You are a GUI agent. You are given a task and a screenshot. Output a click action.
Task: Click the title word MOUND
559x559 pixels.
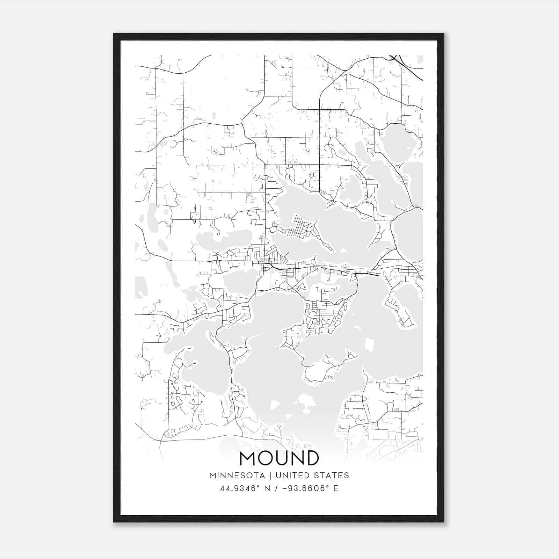click(x=279, y=458)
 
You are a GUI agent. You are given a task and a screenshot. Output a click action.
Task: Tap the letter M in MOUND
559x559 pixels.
click(x=248, y=458)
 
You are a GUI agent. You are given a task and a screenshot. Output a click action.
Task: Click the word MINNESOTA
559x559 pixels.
click(x=237, y=475)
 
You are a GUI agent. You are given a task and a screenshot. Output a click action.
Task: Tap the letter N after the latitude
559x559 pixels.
click(x=267, y=488)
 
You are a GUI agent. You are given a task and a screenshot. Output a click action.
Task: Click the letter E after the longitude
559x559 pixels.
click(x=336, y=488)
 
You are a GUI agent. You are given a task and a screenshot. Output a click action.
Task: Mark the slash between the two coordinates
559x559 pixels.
click(x=277, y=488)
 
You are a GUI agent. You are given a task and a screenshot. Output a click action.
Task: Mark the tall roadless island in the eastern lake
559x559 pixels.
click(x=368, y=346)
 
